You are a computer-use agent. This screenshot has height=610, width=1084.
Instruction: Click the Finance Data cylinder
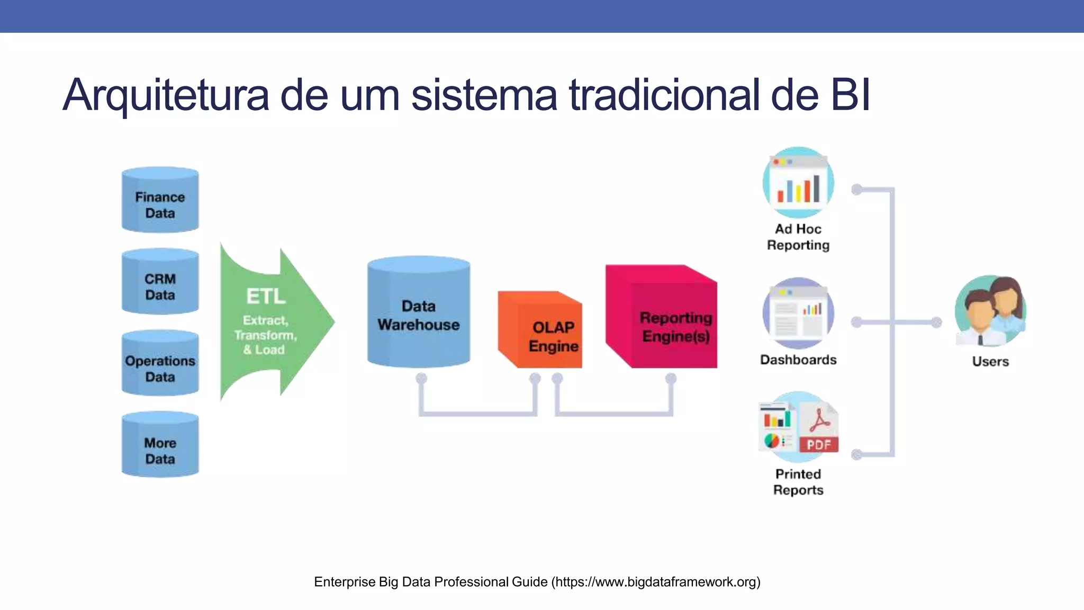pos(160,200)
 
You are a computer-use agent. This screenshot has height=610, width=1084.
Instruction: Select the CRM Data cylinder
pos(160,282)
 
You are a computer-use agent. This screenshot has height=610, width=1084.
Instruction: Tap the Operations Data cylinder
pos(160,364)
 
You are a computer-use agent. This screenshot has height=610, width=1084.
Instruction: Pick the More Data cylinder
pos(160,445)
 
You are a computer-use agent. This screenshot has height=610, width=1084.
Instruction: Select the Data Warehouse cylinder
pos(418,312)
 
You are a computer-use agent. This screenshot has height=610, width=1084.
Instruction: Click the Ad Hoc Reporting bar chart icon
pos(798,183)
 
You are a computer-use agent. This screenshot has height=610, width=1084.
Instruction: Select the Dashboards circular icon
pos(798,313)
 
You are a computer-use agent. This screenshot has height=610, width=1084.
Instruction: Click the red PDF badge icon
pos(819,444)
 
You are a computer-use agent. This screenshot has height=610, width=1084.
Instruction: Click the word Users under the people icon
pos(990,362)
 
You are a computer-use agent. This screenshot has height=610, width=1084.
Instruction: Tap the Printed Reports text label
pos(798,482)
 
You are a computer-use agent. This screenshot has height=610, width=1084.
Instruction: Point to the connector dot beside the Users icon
pos(936,322)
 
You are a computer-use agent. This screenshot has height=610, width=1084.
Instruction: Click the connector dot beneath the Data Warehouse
pos(421,378)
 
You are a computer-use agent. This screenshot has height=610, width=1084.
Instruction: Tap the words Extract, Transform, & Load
pos(265,335)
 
